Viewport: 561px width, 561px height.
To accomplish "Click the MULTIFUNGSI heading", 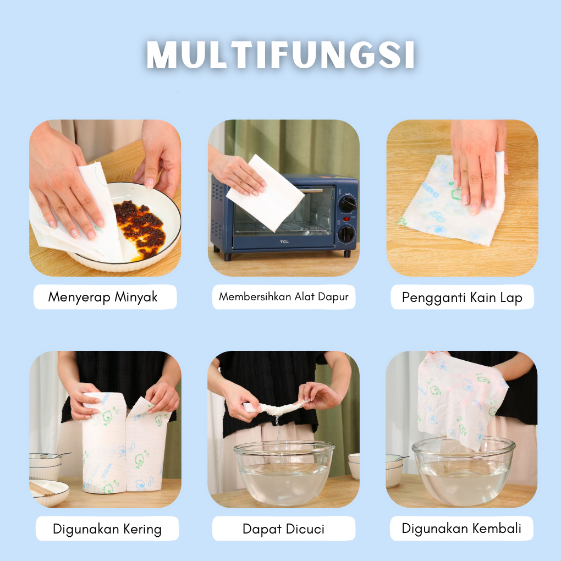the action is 281,55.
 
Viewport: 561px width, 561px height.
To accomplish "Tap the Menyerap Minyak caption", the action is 103,297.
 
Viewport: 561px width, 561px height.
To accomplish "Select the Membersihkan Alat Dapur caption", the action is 284,296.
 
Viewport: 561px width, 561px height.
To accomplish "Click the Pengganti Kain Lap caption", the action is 462,298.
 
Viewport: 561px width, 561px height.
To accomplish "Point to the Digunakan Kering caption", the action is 107,529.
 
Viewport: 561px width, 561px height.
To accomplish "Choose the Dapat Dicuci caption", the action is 283,529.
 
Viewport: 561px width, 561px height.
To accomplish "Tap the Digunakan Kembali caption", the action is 461,529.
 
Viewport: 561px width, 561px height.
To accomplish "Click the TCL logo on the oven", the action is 284,242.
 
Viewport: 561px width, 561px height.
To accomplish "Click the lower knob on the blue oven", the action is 346,234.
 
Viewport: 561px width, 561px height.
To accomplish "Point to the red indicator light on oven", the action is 346,219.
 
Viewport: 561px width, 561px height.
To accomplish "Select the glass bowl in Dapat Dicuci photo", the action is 284,472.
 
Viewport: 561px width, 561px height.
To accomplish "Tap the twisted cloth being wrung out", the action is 276,408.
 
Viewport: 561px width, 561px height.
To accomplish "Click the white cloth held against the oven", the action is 265,193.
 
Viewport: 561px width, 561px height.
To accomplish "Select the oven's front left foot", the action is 228,256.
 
